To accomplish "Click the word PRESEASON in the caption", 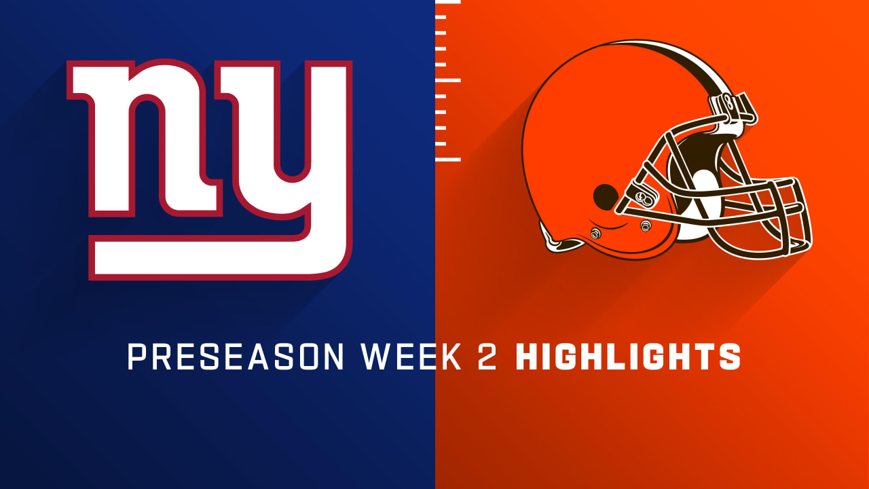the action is point(236,357).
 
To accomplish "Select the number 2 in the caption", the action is point(487,357).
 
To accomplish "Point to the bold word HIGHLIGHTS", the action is point(628,357).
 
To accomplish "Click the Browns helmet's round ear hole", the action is point(605,197).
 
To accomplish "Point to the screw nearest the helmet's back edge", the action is point(595,234).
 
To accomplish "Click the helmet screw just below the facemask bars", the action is point(646,225).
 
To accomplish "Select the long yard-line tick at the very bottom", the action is point(447,160).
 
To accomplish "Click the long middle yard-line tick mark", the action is point(447,80).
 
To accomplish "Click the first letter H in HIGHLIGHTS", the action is point(528,357).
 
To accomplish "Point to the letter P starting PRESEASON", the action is point(136,357).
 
